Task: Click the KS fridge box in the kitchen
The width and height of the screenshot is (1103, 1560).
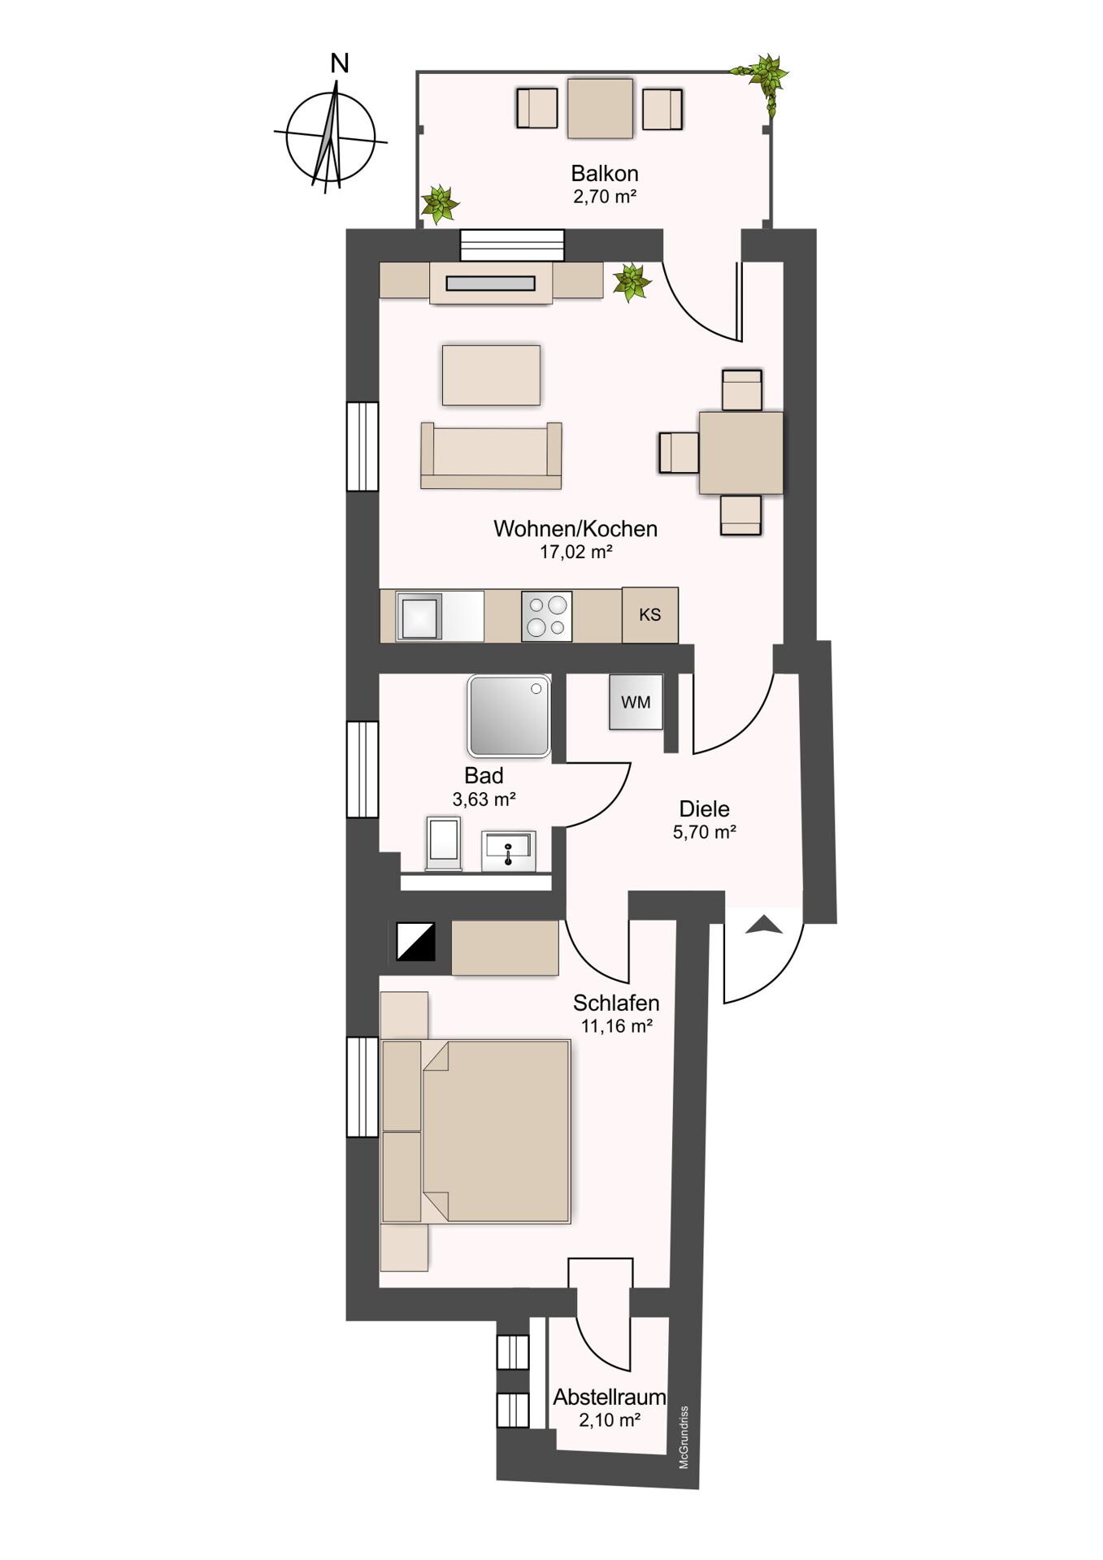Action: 650,615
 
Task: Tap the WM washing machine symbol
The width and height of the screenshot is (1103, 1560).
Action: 636,702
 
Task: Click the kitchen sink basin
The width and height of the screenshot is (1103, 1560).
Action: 420,617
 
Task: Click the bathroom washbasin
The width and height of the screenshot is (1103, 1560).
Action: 509,851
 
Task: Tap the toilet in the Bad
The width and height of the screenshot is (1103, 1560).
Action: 444,843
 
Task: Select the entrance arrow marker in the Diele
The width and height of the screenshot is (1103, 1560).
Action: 764,924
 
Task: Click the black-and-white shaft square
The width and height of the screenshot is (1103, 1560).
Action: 415,942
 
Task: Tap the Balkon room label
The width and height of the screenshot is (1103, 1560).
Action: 605,173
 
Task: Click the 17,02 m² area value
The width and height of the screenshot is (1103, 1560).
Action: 576,552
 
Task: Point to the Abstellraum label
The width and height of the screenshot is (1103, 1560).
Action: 610,1397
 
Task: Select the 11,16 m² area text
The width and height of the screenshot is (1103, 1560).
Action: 617,1026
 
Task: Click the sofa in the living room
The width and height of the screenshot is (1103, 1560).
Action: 491,456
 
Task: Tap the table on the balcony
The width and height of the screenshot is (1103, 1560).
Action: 600,108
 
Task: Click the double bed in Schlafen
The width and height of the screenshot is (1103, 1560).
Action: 476,1131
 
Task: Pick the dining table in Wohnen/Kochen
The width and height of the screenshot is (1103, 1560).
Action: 741,453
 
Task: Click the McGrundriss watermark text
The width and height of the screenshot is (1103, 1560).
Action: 684,1437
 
